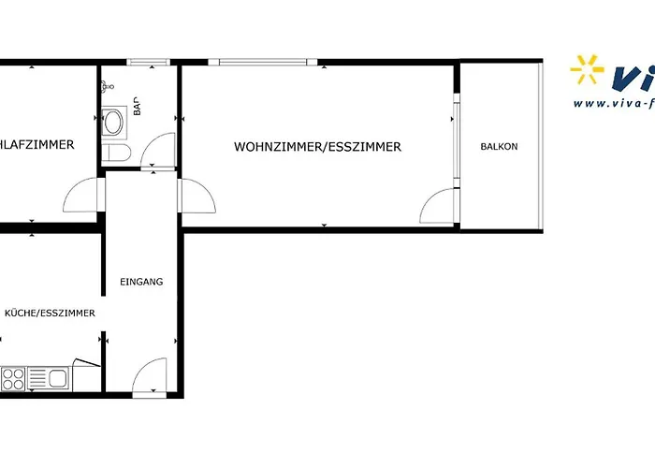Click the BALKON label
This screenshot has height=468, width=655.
499,147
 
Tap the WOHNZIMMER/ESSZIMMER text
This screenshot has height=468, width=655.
317,147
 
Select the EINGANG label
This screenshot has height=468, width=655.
142,282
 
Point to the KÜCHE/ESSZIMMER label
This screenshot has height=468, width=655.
49,314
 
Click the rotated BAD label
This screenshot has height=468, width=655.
137,105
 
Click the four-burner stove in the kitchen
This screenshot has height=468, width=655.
13,378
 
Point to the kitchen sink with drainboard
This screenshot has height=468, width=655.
47,378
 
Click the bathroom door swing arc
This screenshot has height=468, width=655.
161,150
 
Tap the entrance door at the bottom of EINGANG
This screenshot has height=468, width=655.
151,378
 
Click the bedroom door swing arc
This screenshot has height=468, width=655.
80,196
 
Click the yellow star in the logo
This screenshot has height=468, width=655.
588,72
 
